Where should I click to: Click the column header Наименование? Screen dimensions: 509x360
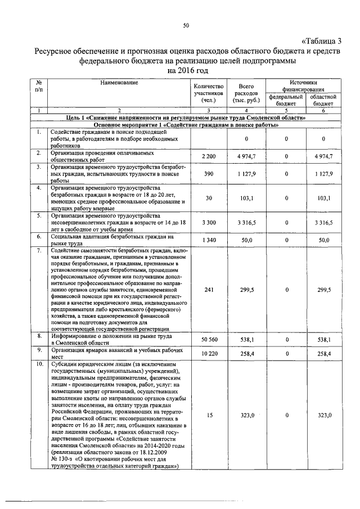tap(119, 83)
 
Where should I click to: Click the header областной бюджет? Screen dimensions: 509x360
tap(323, 100)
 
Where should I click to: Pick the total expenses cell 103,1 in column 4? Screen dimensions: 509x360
tap(246, 198)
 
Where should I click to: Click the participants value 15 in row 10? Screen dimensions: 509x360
tap(209, 415)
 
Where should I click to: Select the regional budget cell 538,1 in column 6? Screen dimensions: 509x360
tap(324, 340)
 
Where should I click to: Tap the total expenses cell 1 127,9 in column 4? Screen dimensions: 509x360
tap(246, 174)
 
